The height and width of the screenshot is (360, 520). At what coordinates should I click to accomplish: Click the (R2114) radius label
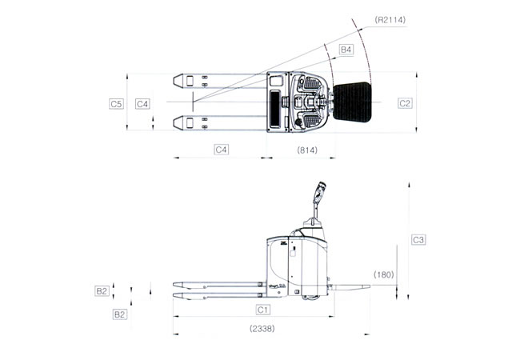pos(390,20)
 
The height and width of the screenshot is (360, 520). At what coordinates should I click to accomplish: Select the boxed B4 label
pos(346,50)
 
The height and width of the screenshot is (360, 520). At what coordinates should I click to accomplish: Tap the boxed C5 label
pos(116,104)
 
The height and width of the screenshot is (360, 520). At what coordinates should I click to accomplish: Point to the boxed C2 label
pos(405,103)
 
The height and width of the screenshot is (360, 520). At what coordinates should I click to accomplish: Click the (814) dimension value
pos(307,150)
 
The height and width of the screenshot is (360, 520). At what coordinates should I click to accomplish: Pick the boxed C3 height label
pos(418,240)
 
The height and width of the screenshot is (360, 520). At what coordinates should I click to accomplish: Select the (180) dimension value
pos(384,274)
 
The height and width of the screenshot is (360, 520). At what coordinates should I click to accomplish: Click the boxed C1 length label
pos(263,310)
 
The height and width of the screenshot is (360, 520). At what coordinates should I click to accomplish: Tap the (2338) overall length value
pos(262,329)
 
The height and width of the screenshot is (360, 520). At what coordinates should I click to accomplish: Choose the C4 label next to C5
pos(142,104)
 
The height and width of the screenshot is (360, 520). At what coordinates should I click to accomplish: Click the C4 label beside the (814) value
pos(221,150)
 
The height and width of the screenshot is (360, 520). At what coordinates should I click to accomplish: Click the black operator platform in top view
pos(352,102)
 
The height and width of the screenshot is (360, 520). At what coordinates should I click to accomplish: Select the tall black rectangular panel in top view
pos(275,109)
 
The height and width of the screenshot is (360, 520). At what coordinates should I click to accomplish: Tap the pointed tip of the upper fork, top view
pos(174,81)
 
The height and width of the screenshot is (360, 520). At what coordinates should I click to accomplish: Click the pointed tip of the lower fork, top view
pos(174,123)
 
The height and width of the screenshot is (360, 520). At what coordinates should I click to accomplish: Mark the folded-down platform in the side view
pos(350,286)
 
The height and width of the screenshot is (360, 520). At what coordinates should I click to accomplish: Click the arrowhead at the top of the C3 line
pos(409,185)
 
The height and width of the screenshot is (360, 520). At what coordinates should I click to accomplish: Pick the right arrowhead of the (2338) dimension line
pos(366,334)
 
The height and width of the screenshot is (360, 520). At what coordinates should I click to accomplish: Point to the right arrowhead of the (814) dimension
pos(332,158)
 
